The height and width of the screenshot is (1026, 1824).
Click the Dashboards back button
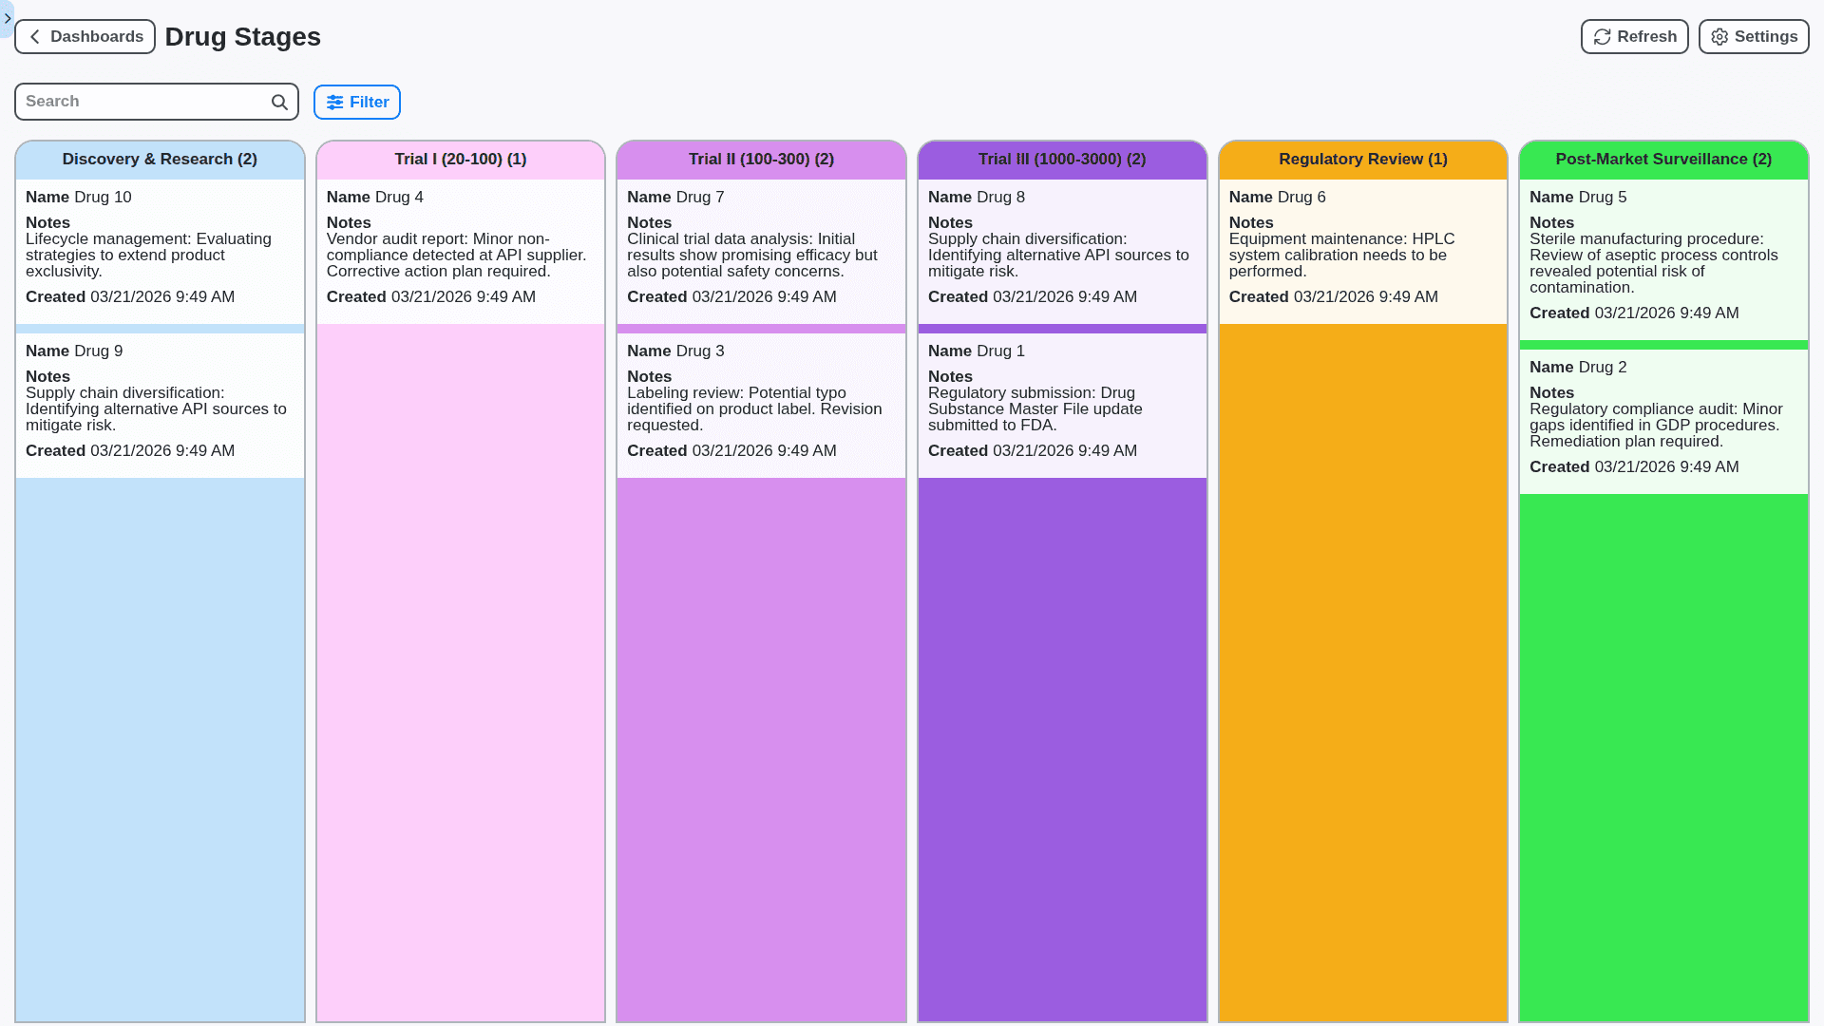pos(85,37)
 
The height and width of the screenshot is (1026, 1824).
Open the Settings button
pos(1753,37)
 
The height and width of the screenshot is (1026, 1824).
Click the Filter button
pos(357,103)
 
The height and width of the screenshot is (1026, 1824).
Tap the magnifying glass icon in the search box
pos(279,103)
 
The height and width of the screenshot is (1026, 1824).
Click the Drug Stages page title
pos(242,37)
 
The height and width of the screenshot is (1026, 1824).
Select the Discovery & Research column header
pos(160,160)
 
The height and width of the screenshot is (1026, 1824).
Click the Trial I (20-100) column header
pos(461,160)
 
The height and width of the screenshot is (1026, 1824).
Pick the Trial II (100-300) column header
pos(761,160)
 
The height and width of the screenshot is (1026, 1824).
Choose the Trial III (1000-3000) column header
pos(1062,160)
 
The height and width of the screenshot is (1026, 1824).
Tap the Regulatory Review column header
pos(1362,160)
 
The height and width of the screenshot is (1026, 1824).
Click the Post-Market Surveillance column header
pos(1663,160)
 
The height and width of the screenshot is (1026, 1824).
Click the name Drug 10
pos(103,198)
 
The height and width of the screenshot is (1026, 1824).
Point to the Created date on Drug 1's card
pos(1064,451)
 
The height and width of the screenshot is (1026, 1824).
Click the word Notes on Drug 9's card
pos(47,377)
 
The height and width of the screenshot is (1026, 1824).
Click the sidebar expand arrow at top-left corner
pos(8,18)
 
